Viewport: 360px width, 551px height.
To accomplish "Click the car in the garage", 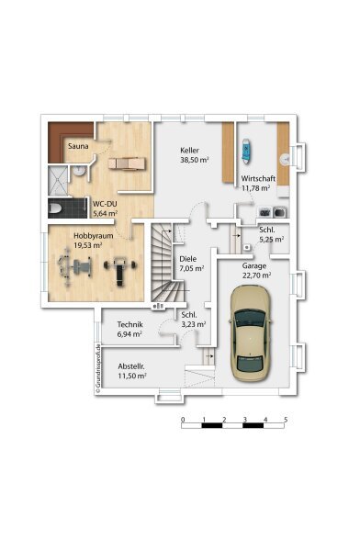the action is tap(250, 333).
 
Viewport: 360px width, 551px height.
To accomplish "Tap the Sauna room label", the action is tap(78, 146).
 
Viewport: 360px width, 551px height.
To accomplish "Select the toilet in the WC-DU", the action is tap(55, 208).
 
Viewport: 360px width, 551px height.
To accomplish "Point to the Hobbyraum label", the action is tap(93, 235).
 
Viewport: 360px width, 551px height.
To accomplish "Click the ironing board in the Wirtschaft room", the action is tap(246, 152).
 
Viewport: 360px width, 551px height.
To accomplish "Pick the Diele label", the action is tap(187, 259).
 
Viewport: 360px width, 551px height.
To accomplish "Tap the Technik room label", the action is tap(130, 324).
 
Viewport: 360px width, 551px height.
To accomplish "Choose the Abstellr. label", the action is tap(131, 366).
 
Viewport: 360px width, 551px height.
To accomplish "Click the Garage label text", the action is tap(254, 265).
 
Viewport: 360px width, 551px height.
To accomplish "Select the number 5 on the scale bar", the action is tap(286, 420).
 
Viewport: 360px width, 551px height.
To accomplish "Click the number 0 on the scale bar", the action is tap(183, 420).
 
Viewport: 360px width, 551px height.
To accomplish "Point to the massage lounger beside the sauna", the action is tap(127, 163).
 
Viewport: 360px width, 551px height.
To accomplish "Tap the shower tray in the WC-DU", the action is tap(57, 181).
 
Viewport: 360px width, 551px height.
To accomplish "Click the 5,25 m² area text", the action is tap(272, 240).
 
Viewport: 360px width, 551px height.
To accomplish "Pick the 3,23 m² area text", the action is tap(194, 324).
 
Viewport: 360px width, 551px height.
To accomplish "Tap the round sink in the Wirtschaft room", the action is tap(285, 159).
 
